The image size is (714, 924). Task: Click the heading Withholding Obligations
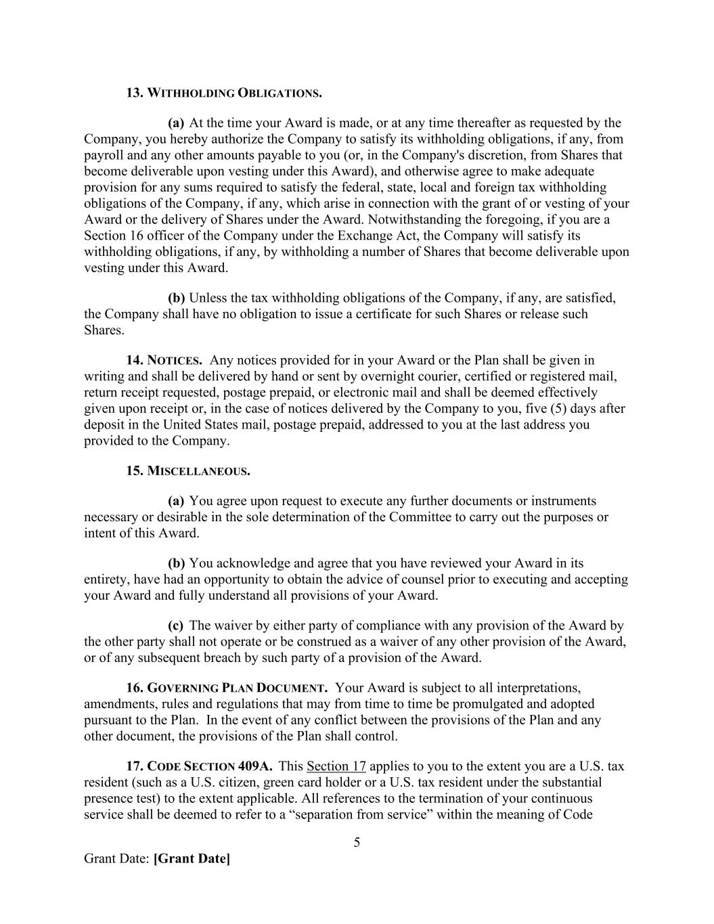coord(224,93)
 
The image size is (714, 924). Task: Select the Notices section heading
coord(164,360)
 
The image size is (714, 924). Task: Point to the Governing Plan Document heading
coord(227,688)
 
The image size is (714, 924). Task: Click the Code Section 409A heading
coord(200,767)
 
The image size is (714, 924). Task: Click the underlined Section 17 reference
coord(336,767)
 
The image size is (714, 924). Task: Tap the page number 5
coord(357,843)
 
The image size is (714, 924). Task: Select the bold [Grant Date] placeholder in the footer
coord(192,859)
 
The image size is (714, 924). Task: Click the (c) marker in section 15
coord(176,626)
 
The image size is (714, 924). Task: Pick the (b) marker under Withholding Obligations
coord(176,299)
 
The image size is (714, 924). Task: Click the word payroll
coord(104,156)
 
